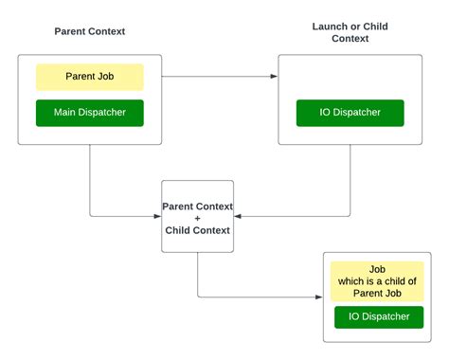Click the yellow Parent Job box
click(90, 77)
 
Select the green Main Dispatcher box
click(90, 113)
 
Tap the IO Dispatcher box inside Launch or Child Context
click(350, 113)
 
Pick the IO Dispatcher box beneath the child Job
click(378, 316)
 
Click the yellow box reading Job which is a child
click(378, 281)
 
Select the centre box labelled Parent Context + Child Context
click(197, 217)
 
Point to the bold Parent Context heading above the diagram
click(90, 31)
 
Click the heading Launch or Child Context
click(350, 32)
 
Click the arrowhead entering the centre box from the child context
click(238, 217)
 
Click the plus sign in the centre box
click(197, 218)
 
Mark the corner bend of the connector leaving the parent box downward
click(90, 217)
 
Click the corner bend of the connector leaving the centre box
click(197, 297)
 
